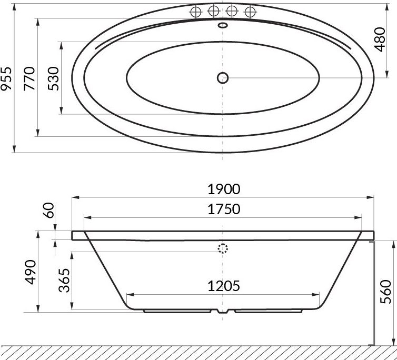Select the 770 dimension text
pyautogui.click(x=29, y=78)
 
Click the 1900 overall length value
pyautogui.click(x=223, y=189)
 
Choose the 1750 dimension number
pyautogui.click(x=223, y=209)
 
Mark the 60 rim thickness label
pyautogui.click(x=48, y=212)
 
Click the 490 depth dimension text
pyautogui.click(x=29, y=272)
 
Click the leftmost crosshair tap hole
pyautogui.click(x=196, y=11)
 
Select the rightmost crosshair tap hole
pyautogui.click(x=250, y=11)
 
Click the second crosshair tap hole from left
pyautogui.click(x=214, y=11)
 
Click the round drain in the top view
pyautogui.click(x=223, y=77)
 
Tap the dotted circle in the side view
pyautogui.click(x=223, y=248)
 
